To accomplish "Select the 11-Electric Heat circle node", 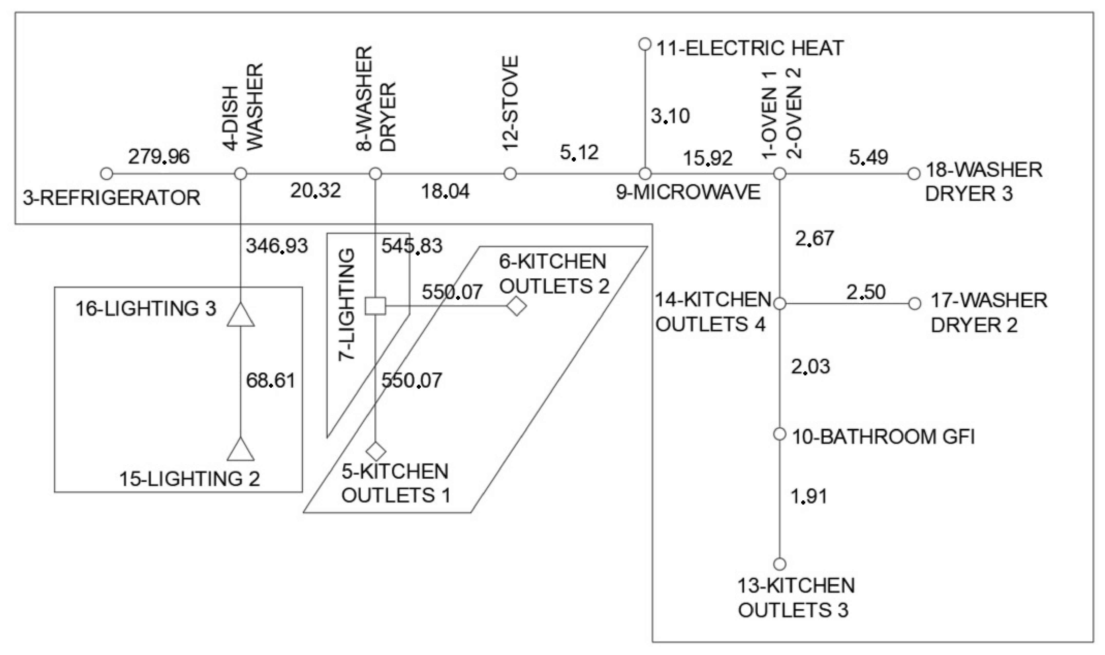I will pyautogui.click(x=645, y=44).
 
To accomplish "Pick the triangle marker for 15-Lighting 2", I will pyautogui.click(x=241, y=450).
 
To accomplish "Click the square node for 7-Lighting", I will pyautogui.click(x=375, y=306).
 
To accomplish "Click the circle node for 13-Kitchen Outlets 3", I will pyautogui.click(x=780, y=564).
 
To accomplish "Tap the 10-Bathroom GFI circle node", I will pyautogui.click(x=780, y=434).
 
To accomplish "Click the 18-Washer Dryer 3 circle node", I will pyautogui.click(x=914, y=174).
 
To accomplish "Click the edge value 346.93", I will pyautogui.click(x=277, y=246).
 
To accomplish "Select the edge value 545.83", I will pyautogui.click(x=412, y=246).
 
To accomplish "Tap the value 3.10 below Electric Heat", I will pyautogui.click(x=670, y=116).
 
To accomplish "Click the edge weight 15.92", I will pyautogui.click(x=707, y=158).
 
